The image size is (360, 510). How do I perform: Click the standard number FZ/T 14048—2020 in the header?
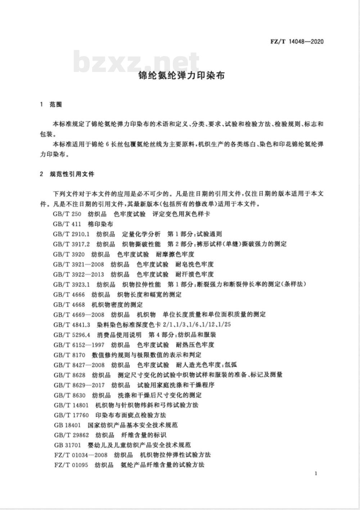(297, 41)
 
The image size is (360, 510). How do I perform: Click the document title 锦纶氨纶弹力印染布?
(182, 76)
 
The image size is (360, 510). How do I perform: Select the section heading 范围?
(56, 104)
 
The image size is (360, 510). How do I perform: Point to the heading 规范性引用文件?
(72, 174)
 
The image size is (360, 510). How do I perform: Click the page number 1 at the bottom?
(316, 473)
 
